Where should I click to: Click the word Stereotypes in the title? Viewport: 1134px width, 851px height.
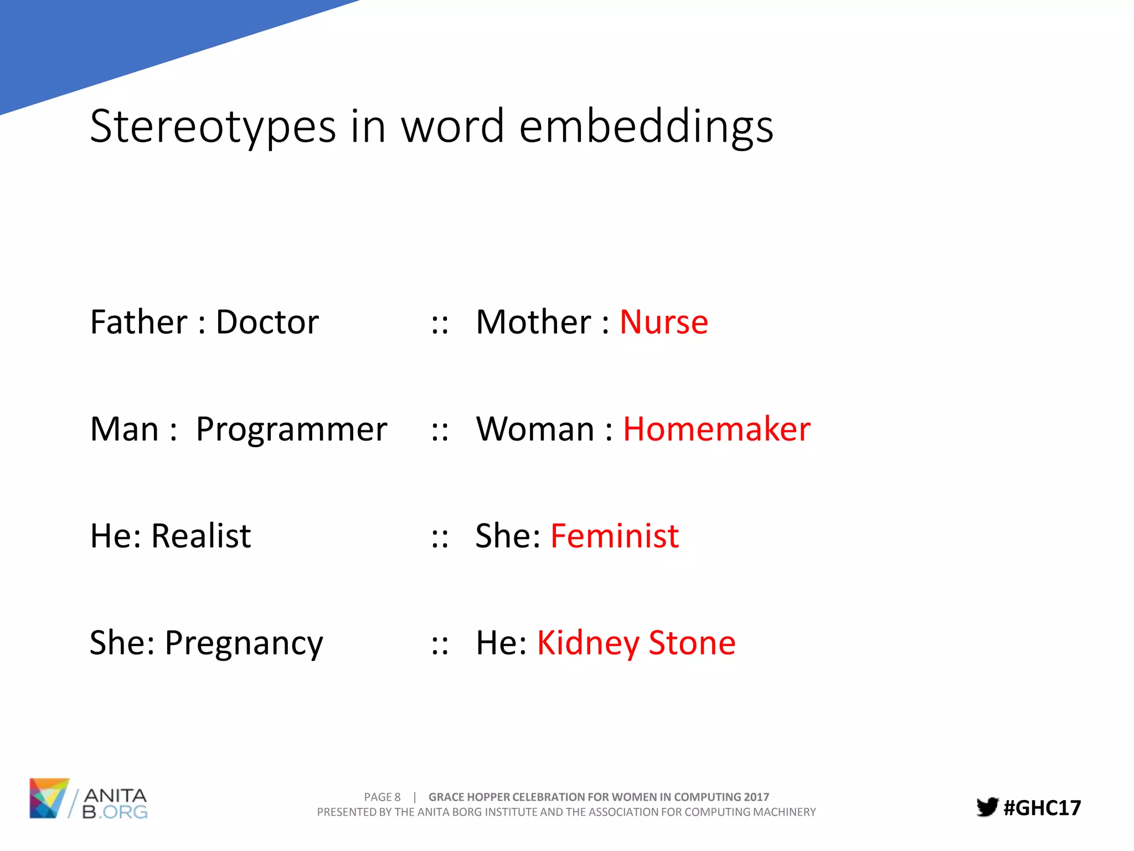(213, 126)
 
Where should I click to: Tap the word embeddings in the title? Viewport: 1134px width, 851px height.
(646, 126)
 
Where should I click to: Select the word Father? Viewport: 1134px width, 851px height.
(139, 322)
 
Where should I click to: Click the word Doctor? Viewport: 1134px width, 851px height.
(267, 322)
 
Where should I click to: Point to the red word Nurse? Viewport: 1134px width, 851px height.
(663, 322)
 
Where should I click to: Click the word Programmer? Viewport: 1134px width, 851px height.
(291, 429)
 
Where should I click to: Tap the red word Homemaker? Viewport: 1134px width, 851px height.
(717, 429)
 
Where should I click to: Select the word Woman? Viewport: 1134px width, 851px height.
(535, 429)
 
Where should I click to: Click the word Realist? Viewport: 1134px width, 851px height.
(201, 536)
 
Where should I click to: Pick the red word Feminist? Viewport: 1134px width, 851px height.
(615, 536)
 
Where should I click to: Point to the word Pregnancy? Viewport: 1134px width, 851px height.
(244, 644)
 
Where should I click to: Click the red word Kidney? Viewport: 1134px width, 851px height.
(588, 644)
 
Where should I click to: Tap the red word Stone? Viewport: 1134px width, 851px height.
(692, 643)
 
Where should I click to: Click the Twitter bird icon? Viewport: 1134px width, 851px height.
(987, 807)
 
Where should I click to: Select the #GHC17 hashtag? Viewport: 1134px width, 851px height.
(1042, 808)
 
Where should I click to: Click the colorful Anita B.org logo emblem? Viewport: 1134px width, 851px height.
(49, 798)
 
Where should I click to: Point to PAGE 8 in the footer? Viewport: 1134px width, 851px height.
(382, 797)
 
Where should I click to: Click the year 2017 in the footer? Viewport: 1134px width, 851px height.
(756, 797)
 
